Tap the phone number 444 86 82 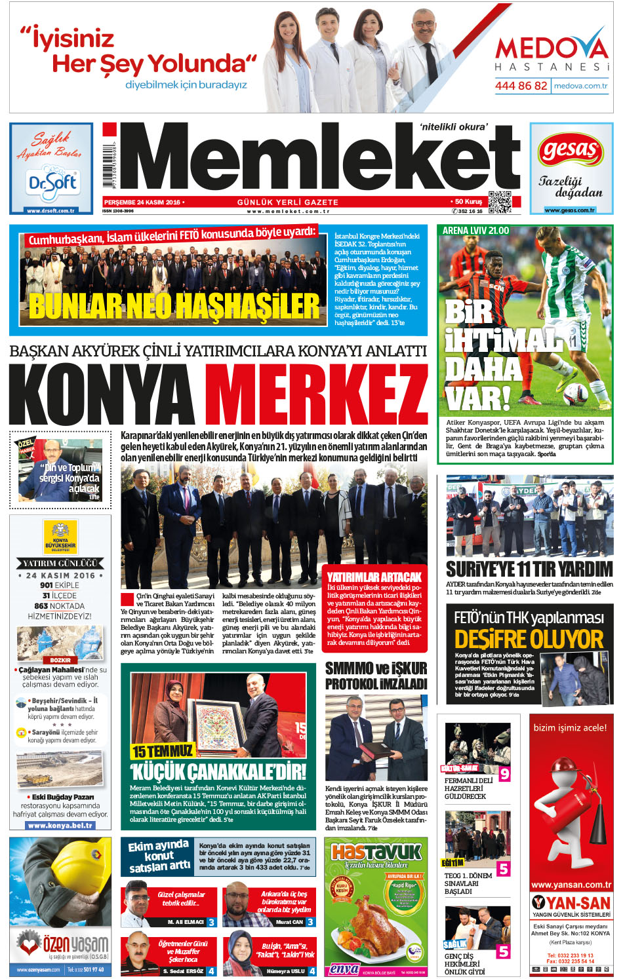521,86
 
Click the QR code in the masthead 499,202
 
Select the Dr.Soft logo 52,183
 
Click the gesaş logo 571,152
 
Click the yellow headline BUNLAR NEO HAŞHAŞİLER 174,306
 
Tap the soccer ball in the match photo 575,393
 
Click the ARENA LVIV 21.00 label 475,231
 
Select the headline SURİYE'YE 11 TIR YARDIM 529,569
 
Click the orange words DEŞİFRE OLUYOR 529,639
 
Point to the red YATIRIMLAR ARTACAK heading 374,577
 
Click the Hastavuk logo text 376,852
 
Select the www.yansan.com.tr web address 571,885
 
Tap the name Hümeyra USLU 285,971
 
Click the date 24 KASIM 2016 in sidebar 60,575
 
